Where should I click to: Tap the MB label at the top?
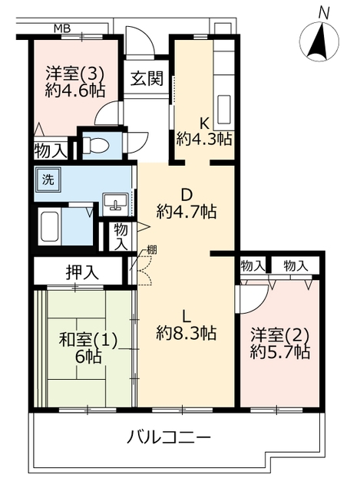[62, 29]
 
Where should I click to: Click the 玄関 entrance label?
[147, 78]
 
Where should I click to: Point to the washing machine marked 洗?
[48, 180]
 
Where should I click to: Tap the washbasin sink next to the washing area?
[115, 204]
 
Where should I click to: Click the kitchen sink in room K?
[224, 109]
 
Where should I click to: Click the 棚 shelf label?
[152, 249]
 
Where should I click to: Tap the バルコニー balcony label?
[168, 437]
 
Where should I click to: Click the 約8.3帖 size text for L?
[186, 334]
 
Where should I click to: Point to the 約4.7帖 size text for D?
[186, 212]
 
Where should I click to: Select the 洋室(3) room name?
[74, 74]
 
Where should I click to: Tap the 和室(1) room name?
[88, 340]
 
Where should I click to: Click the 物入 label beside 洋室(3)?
[51, 152]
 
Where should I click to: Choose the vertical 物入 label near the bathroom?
[121, 237]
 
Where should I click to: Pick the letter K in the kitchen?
[204, 124]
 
